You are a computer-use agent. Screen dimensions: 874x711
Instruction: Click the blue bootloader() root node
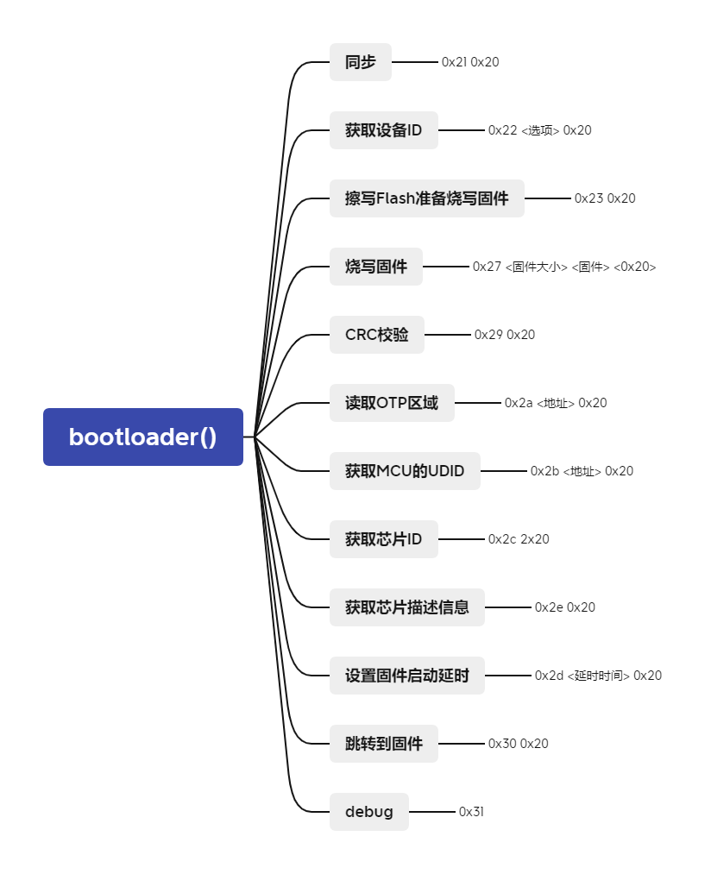[143, 437]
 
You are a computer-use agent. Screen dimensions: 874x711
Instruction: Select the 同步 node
[361, 62]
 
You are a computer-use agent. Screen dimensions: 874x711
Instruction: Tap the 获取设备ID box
[384, 130]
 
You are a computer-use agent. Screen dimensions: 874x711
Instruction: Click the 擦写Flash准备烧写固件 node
[427, 198]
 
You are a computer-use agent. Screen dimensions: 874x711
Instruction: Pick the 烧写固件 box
[376, 267]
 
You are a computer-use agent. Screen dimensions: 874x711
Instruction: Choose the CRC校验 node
[377, 335]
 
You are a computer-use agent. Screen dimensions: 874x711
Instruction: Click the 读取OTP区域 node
[392, 403]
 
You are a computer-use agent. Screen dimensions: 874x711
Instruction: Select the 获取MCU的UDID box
[405, 471]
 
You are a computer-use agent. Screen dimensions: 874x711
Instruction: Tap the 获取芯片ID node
[384, 539]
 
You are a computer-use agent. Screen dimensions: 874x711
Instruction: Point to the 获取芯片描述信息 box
[407, 607]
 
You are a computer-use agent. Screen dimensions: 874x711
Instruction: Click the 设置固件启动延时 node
[407, 676]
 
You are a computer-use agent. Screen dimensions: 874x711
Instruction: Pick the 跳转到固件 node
[384, 744]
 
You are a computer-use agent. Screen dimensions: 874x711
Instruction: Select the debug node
[369, 812]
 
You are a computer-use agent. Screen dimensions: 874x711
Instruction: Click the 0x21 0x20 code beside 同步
[470, 62]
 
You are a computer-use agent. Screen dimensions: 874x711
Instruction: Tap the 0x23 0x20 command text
[605, 198]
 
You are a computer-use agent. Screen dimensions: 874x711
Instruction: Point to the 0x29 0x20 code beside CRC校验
[505, 335]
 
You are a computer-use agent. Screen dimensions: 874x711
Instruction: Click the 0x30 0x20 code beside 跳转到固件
[519, 744]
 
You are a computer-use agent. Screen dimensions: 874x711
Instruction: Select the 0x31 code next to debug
[471, 812]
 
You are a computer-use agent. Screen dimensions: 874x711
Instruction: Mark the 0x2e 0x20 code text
[565, 607]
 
